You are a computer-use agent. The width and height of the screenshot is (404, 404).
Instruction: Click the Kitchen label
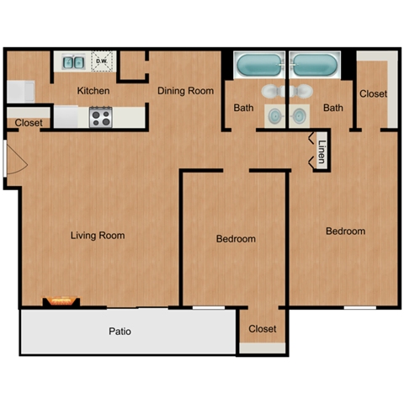click(94, 91)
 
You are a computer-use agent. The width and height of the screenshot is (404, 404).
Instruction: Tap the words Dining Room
click(185, 91)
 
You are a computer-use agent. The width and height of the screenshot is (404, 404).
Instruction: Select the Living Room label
click(98, 236)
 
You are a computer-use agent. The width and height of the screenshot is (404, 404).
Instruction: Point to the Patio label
click(120, 332)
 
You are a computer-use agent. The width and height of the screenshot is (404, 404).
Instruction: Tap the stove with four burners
click(101, 117)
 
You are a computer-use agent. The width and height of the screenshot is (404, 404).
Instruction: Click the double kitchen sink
click(73, 61)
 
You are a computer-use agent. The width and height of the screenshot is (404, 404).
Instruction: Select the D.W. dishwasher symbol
click(102, 61)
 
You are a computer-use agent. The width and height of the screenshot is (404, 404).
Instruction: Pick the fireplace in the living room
click(61, 300)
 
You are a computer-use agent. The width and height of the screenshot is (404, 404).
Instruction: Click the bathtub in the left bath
click(259, 64)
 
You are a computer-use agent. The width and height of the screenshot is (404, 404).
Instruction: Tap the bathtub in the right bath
click(314, 64)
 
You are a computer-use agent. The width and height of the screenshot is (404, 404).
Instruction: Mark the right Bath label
click(333, 108)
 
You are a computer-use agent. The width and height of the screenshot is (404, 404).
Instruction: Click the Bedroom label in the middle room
click(236, 240)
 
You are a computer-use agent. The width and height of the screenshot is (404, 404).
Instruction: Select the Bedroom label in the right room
click(346, 231)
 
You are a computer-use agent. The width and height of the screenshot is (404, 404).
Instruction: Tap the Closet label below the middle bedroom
click(263, 329)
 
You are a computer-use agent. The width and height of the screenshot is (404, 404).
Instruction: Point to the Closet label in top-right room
click(374, 94)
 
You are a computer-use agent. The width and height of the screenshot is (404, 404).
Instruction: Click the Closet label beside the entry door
click(29, 123)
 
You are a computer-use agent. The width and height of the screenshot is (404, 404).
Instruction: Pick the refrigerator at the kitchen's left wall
click(20, 91)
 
